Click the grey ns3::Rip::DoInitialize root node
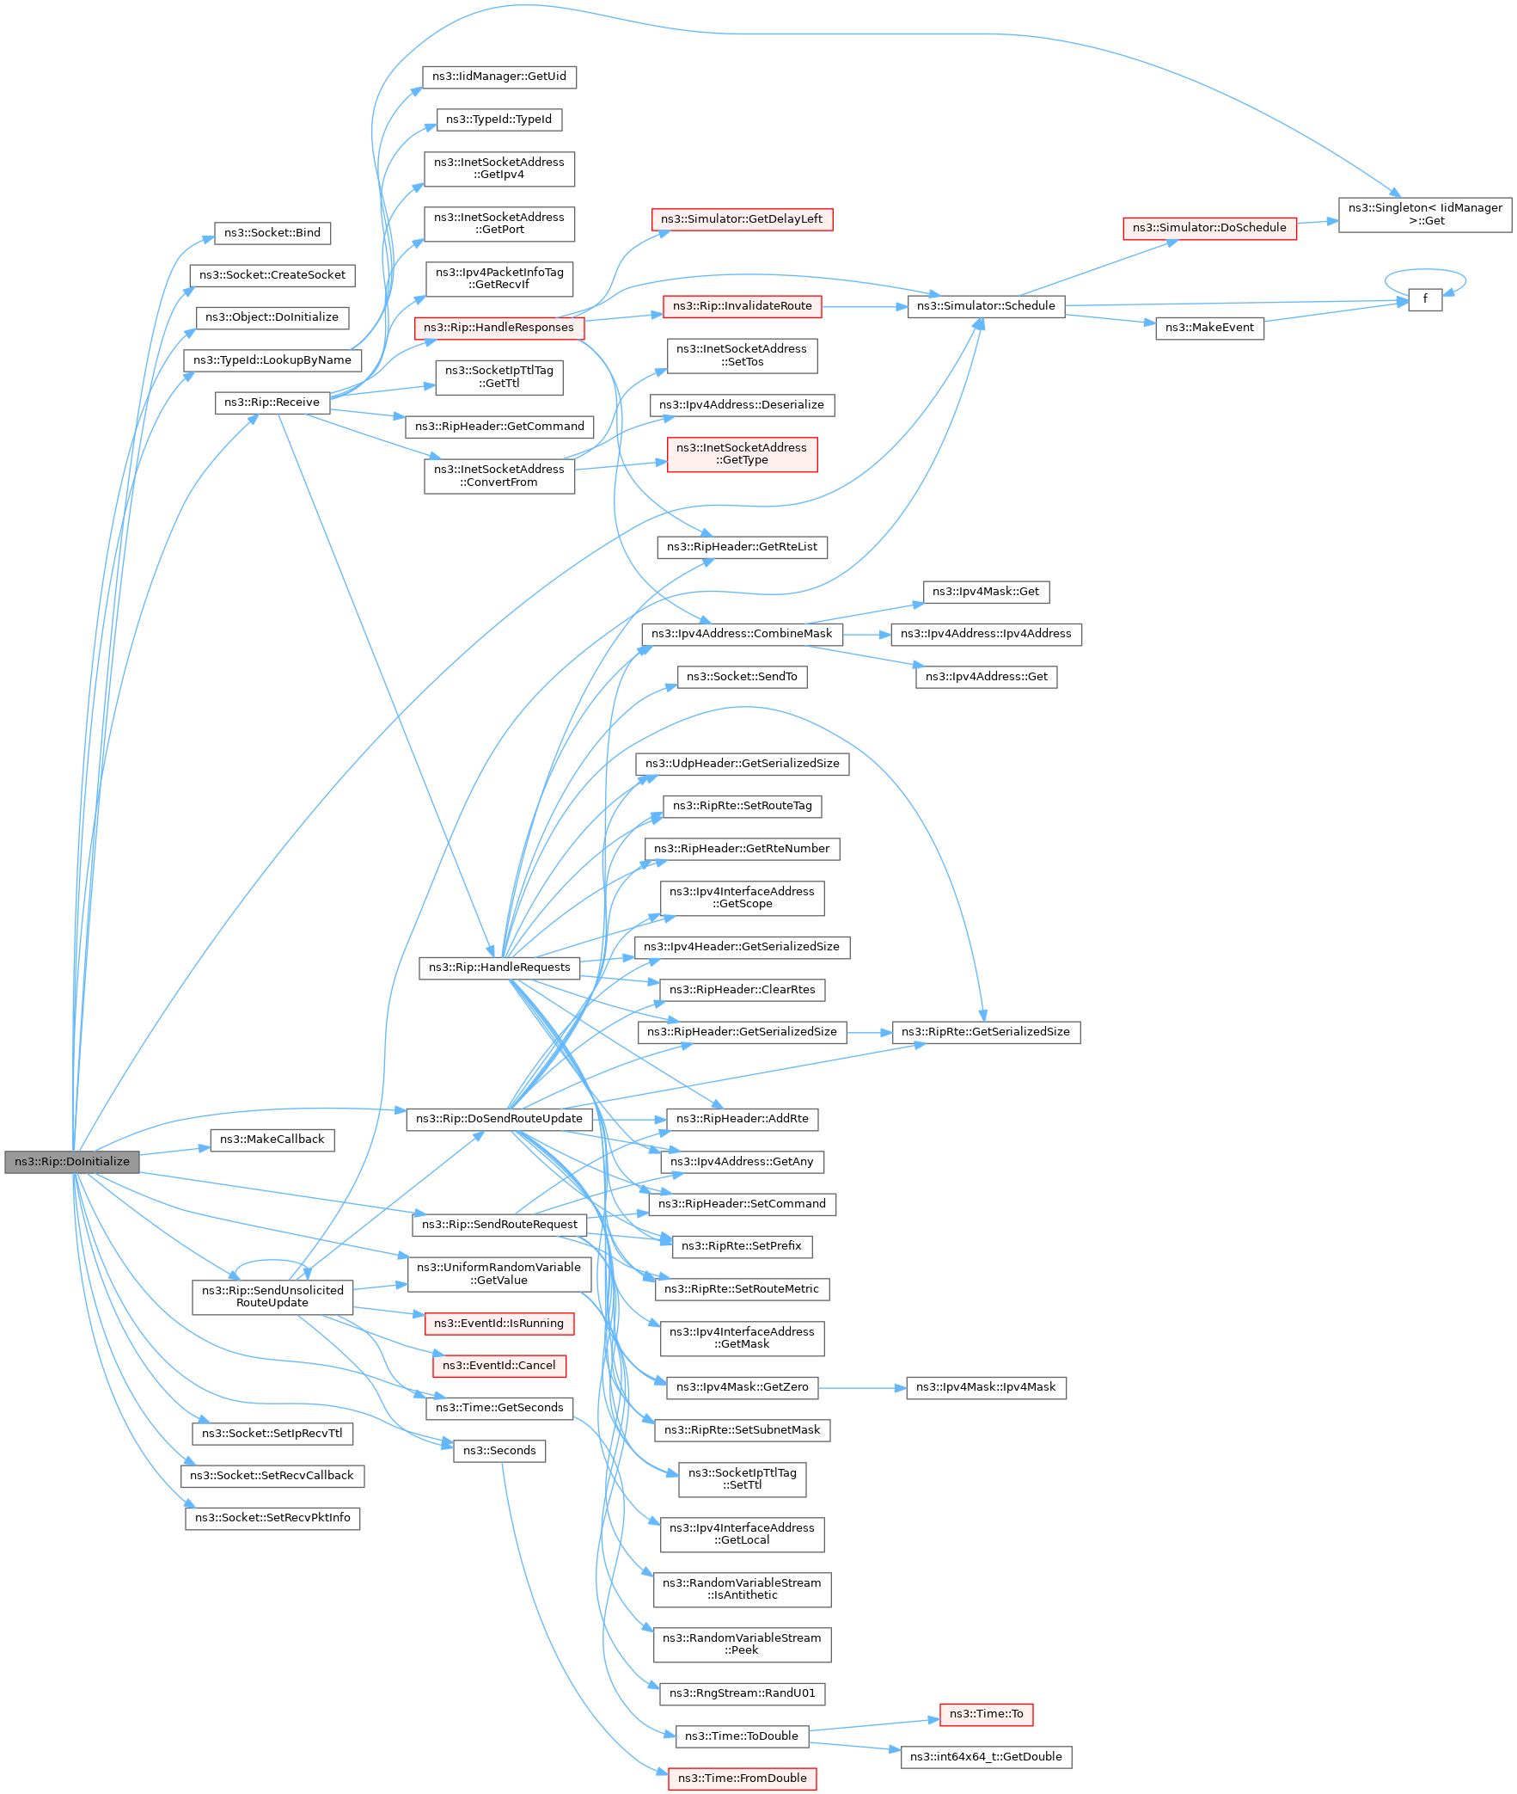coord(71,1162)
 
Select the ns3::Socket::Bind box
coord(272,232)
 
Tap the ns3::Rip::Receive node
coord(272,402)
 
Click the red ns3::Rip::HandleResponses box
coord(499,328)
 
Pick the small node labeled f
coord(1425,299)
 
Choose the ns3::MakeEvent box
coord(1209,328)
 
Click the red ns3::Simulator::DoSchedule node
coord(1209,228)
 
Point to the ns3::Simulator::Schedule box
coord(986,306)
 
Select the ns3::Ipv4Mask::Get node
coord(986,592)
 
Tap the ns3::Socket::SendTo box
coord(741,677)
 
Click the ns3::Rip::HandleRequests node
coord(499,968)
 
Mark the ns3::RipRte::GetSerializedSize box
coord(986,1032)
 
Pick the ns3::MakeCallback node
coord(272,1140)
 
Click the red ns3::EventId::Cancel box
coord(499,1366)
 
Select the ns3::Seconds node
coord(499,1451)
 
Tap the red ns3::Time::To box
coord(986,1714)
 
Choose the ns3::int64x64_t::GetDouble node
coord(986,1757)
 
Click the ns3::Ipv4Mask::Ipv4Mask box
coord(986,1387)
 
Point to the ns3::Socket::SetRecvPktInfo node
coord(272,1518)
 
